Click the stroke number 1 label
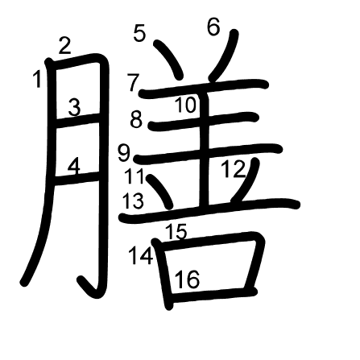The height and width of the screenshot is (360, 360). point(38,79)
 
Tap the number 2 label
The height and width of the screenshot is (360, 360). point(65,46)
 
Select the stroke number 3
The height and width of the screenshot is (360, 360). point(74,107)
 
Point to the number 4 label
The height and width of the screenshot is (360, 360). point(74,167)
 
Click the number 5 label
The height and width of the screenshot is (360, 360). point(139,33)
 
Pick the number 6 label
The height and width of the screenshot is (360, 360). point(213,27)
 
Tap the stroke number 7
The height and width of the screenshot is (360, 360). point(134,83)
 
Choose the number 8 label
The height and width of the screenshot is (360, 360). point(136,119)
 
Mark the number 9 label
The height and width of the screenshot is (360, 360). point(124,153)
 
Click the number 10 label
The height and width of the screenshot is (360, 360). point(186,105)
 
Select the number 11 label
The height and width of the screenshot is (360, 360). point(134,176)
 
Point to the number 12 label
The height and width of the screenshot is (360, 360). point(234,169)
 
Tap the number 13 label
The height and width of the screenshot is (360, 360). point(133,201)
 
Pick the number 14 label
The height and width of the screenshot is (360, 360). point(141,255)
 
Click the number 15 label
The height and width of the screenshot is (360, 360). point(176,231)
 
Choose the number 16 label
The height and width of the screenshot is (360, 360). point(188,279)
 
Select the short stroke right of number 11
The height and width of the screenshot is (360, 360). point(160,192)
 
